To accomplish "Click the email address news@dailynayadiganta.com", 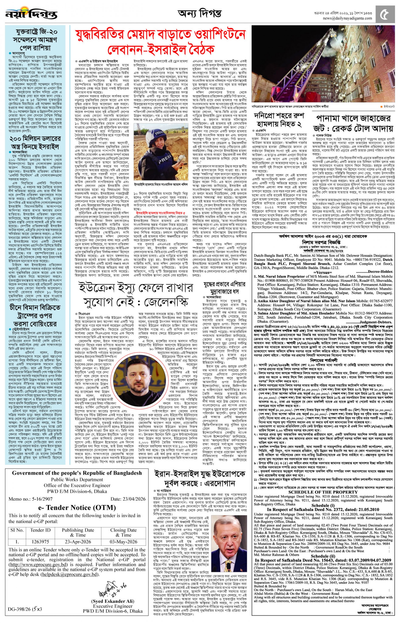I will click(x=347, y=18).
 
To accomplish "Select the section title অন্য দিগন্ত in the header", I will click(x=200, y=13).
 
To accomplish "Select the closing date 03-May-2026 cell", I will click(x=123, y=542).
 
